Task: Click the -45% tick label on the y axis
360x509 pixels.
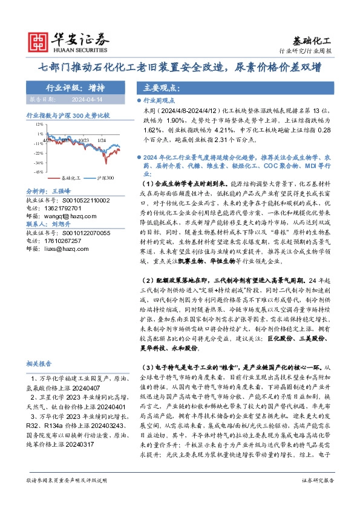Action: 39,172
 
